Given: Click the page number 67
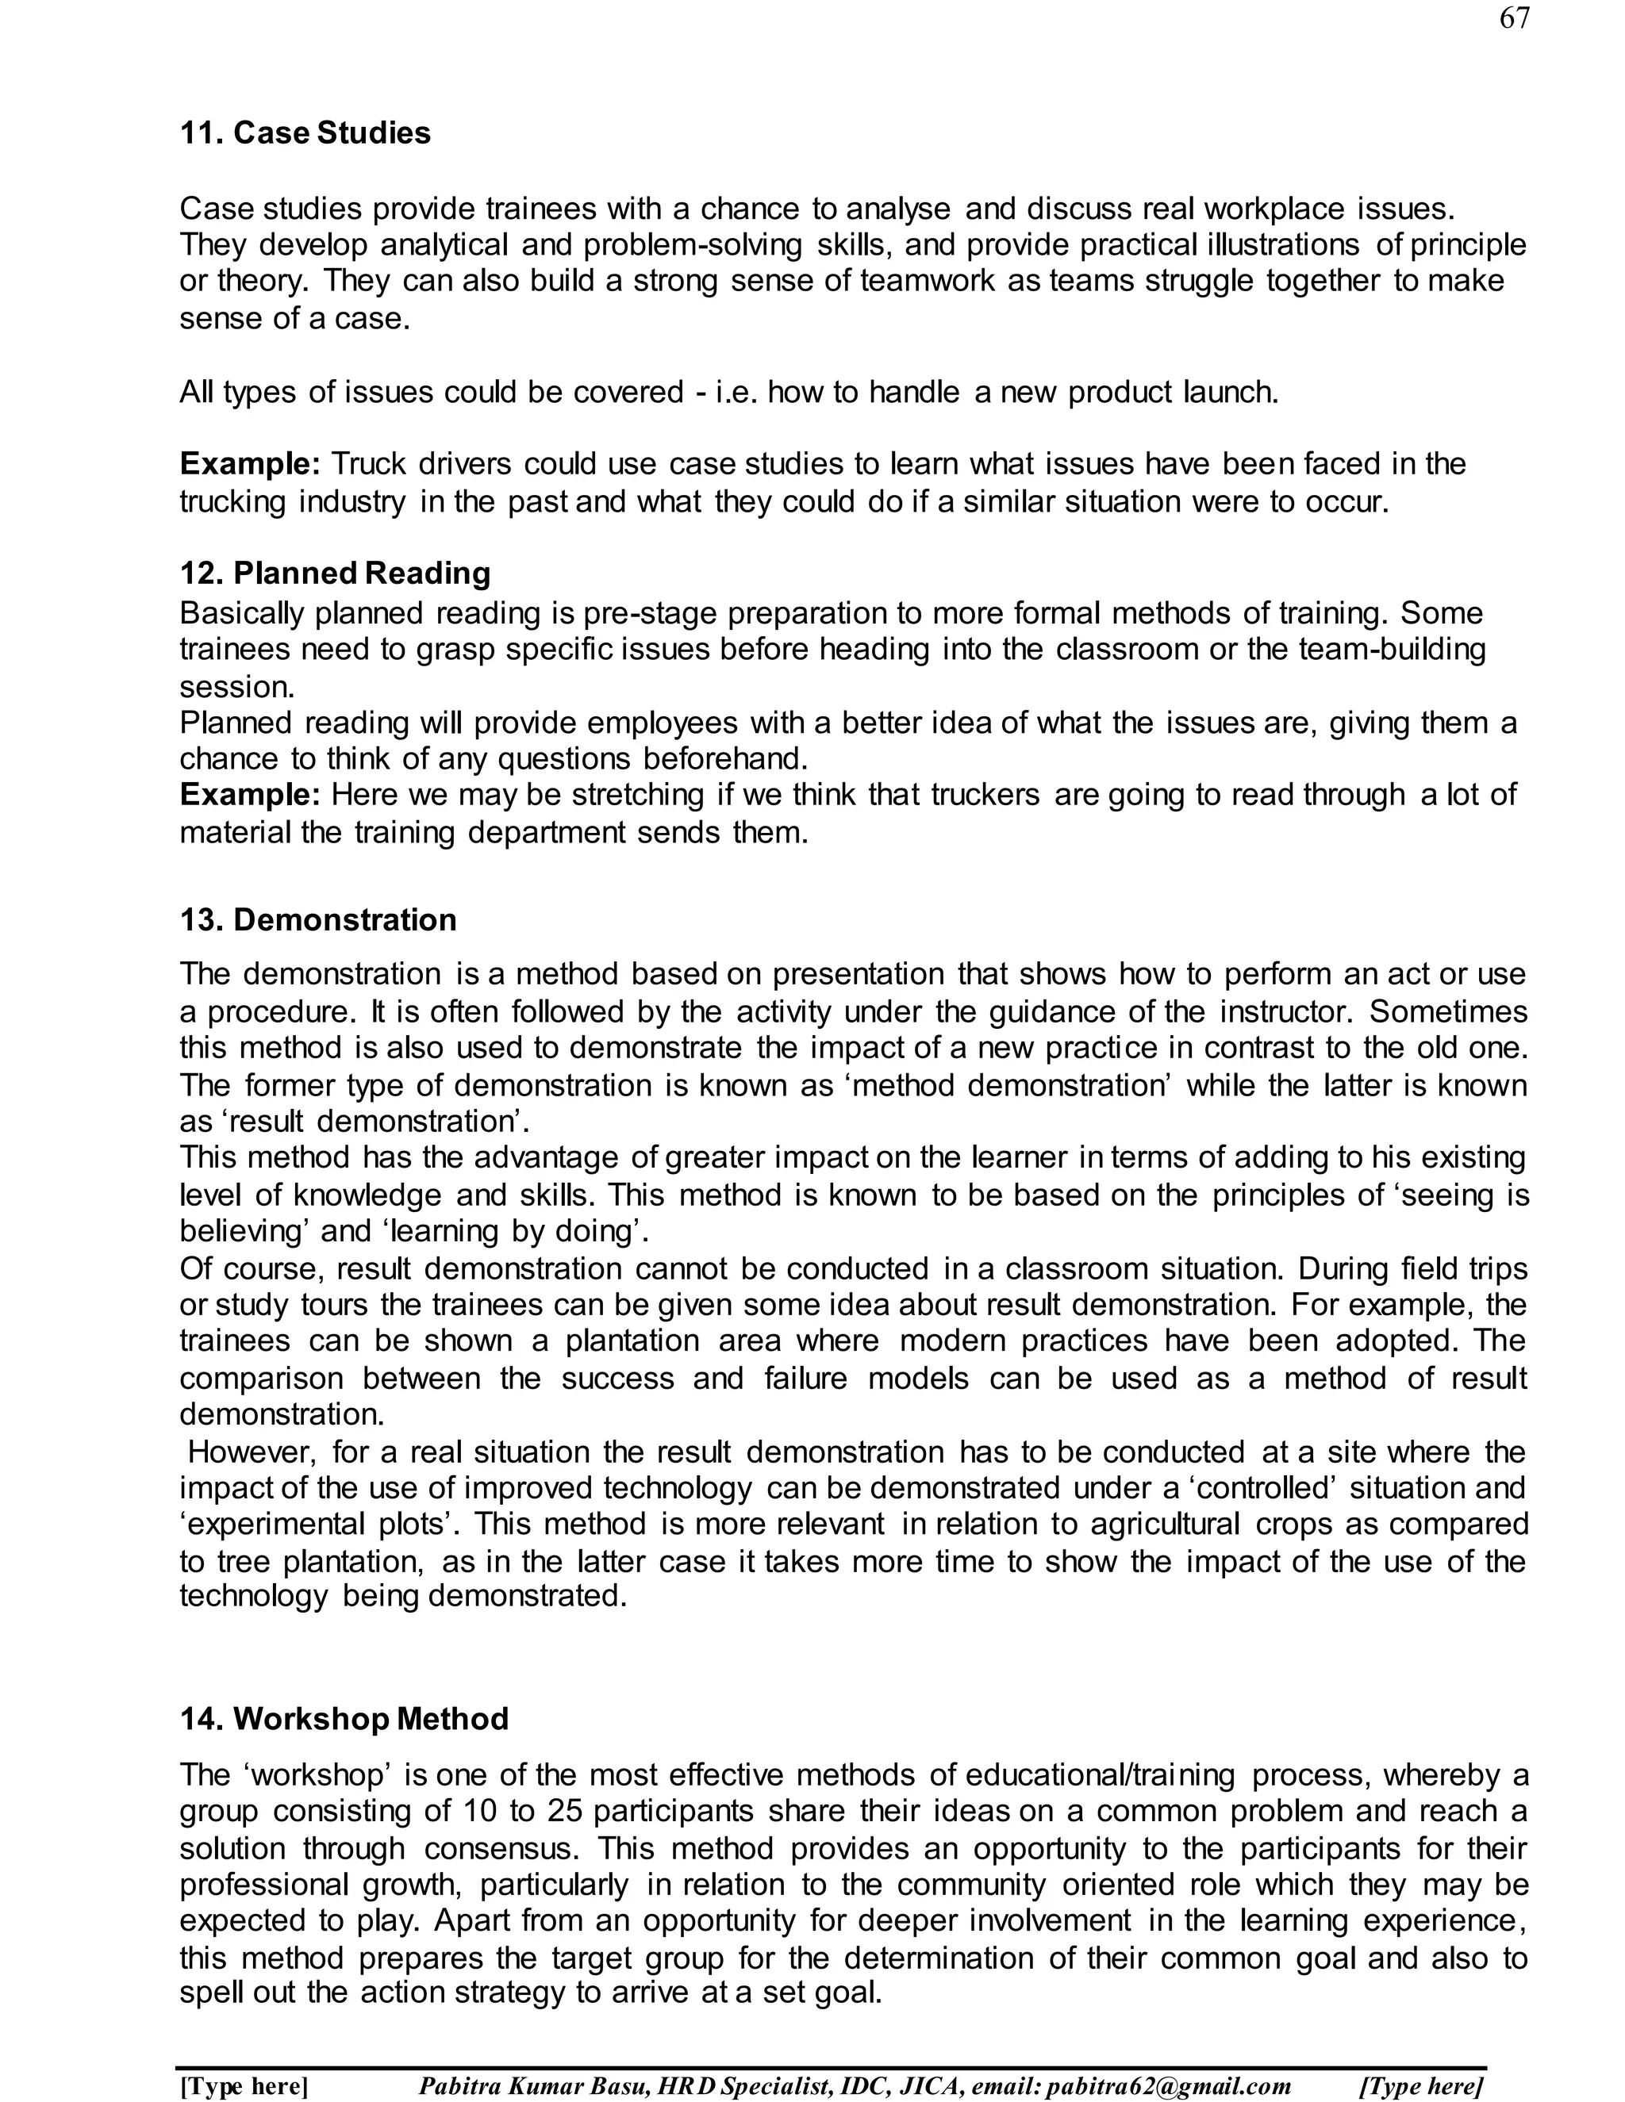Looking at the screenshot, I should click(1514, 18).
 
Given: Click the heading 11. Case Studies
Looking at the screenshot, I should click(305, 132).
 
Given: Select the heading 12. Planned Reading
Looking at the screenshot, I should click(335, 573).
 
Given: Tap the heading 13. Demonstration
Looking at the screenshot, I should click(317, 919).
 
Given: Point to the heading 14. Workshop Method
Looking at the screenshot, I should click(344, 1718).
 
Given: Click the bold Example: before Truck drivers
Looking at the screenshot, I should click(249, 464).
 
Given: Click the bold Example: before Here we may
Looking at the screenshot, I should click(249, 795).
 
